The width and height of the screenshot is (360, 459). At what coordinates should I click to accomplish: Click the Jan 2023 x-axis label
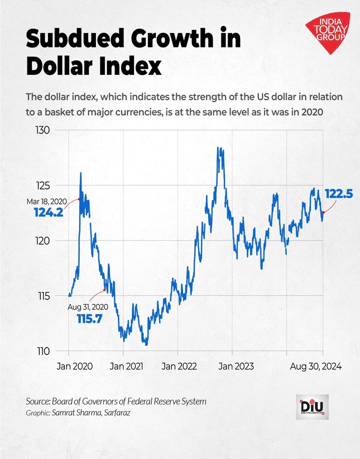point(233,366)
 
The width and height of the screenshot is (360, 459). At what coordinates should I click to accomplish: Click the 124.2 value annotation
point(48,212)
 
